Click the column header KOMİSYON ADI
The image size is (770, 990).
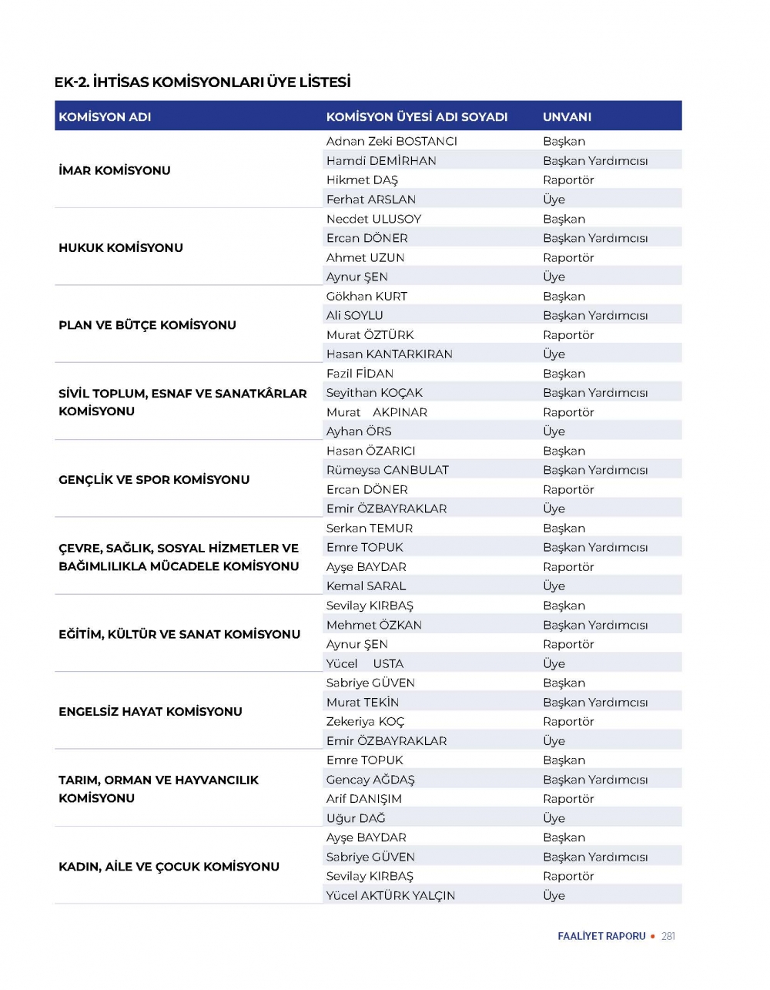click(105, 117)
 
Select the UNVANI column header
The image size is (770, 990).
click(567, 117)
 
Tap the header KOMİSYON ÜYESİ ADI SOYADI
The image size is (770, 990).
click(417, 117)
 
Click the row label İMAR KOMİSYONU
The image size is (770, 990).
click(115, 170)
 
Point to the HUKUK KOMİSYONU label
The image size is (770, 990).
click(121, 247)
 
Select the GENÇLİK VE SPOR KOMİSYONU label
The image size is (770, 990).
click(154, 479)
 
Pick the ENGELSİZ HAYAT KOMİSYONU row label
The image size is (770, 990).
click(150, 711)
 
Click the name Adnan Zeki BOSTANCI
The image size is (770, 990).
click(391, 141)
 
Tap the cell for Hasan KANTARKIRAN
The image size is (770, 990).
click(389, 354)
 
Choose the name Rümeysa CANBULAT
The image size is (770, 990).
click(387, 470)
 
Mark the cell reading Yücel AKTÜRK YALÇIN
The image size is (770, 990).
click(390, 895)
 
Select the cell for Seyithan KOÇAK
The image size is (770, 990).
click(374, 392)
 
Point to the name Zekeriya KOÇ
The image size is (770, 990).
click(365, 721)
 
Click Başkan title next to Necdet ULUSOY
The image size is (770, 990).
click(564, 219)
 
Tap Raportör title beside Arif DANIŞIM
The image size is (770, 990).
click(568, 799)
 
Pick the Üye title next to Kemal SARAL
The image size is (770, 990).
click(554, 586)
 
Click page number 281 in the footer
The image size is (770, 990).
click(668, 936)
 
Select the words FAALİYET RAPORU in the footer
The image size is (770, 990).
click(601, 936)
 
